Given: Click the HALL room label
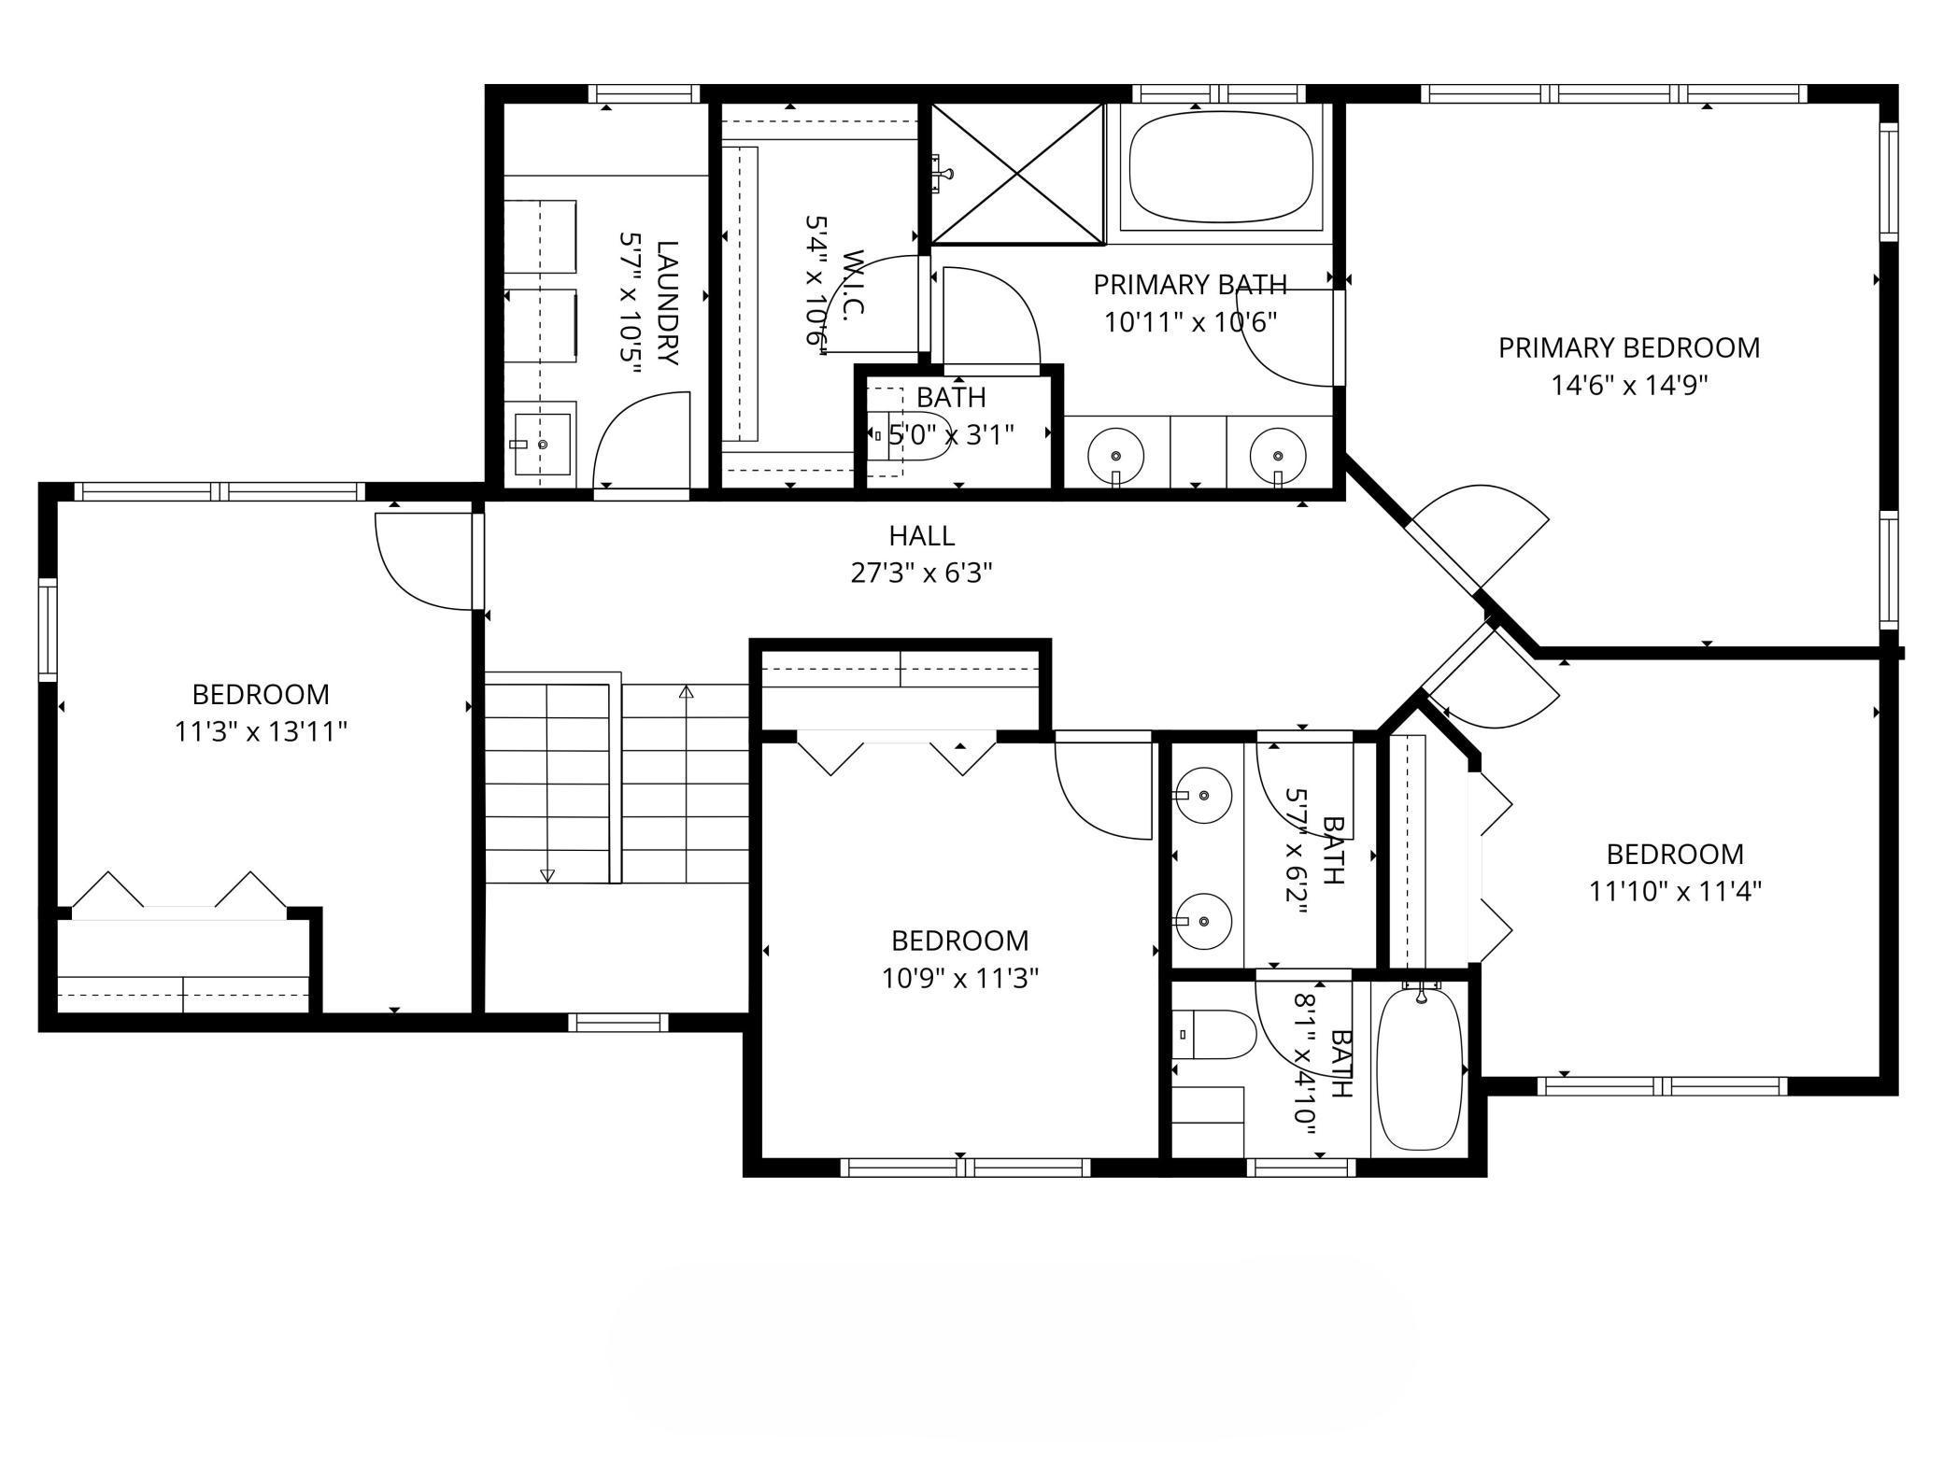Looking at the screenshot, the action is coord(921,536).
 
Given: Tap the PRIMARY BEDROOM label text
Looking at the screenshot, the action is coord(1629,347).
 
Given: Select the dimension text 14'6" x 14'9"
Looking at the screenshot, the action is coord(1629,386).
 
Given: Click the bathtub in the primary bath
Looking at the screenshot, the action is coord(1221,167).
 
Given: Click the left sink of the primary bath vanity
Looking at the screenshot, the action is coord(1116,454).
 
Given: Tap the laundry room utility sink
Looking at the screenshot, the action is coord(540,445).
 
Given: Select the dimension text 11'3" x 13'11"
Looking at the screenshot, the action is coord(262,731).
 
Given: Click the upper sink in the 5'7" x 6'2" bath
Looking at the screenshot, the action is coord(1202,796).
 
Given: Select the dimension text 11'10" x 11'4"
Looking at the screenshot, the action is coord(1676,892).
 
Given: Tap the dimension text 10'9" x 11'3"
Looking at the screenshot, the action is coord(960,978).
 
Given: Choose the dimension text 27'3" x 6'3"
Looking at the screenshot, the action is coord(921,573).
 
